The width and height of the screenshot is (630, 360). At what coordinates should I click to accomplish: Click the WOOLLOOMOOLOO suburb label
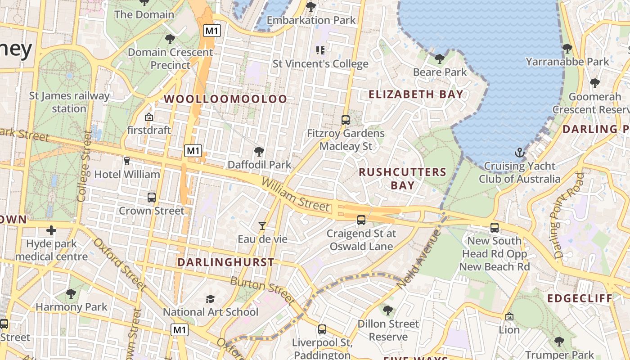point(225,99)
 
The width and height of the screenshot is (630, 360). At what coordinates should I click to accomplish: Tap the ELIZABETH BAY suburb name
point(416,94)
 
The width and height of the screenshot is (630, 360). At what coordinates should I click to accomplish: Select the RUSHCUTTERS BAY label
point(402,178)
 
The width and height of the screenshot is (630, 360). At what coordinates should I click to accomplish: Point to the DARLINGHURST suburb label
point(225,262)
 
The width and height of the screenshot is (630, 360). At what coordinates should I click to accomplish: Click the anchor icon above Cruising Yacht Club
point(520,153)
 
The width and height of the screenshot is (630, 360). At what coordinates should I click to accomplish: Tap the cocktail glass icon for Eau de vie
point(262,225)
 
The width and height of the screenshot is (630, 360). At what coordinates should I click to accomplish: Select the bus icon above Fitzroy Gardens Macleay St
point(346,120)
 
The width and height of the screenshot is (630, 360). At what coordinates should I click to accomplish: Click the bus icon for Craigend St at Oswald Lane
point(361,220)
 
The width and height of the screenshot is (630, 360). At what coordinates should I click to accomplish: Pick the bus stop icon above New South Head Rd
point(495,227)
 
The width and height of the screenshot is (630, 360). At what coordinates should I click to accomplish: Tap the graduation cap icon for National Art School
point(210,299)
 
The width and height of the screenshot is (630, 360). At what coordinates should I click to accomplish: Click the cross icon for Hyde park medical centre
point(51,230)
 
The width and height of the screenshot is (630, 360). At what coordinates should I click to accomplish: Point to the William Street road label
point(295,195)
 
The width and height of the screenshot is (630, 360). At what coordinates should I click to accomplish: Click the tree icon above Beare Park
point(440,58)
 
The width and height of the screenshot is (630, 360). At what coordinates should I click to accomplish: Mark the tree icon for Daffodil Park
point(259,152)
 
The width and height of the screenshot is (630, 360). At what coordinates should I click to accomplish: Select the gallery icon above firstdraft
point(149,117)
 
